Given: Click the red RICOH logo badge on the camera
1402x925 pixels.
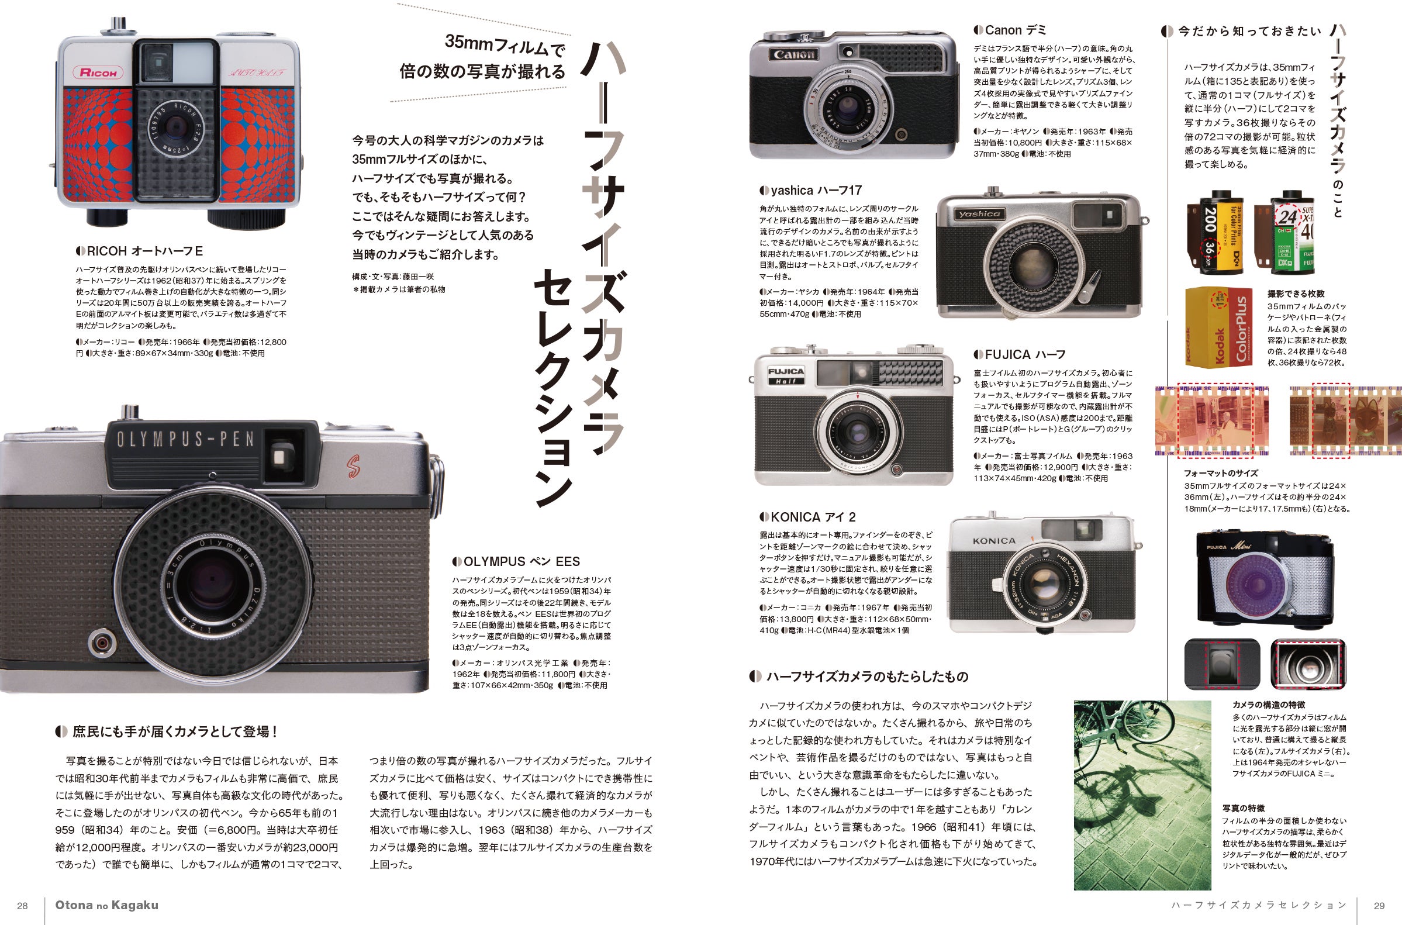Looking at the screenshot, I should pos(98,73).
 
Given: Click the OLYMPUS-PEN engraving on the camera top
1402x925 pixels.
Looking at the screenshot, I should pos(185,439).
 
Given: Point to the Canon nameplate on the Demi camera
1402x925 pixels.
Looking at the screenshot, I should pos(794,54).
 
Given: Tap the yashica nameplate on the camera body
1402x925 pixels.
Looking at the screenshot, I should pos(979,213).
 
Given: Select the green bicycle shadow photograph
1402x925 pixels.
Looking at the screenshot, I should pos(1142,795).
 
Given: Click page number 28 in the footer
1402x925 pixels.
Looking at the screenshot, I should pos(22,906).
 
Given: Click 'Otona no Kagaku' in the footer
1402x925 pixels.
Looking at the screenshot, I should pos(107,905).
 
